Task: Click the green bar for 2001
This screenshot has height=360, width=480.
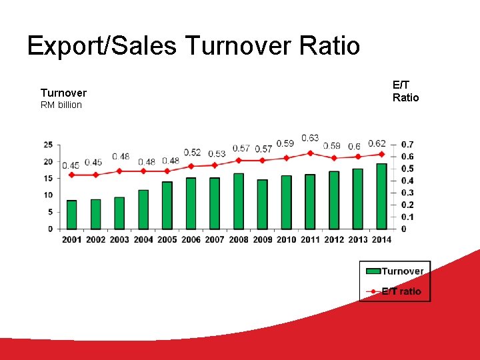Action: pyautogui.click(x=72, y=215)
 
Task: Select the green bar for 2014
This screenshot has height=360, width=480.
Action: pyautogui.click(x=381, y=196)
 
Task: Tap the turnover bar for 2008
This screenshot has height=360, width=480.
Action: pyautogui.click(x=239, y=201)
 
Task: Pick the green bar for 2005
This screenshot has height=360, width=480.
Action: pyautogui.click(x=167, y=205)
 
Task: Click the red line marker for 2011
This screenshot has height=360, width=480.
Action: pyautogui.click(x=310, y=153)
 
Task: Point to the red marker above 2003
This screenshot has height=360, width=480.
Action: pyautogui.click(x=119, y=171)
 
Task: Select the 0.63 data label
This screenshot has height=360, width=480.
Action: pyautogui.click(x=310, y=138)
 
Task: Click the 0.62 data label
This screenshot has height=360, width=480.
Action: pyautogui.click(x=377, y=143)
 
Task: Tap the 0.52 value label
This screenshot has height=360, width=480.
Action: pyautogui.click(x=192, y=153)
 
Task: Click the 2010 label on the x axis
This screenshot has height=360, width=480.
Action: pyautogui.click(x=286, y=239)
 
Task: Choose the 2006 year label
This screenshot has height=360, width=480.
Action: pyautogui.click(x=191, y=239)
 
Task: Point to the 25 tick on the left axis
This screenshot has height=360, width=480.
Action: pyautogui.click(x=48, y=145)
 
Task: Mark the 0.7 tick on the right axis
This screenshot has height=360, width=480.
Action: pyautogui.click(x=407, y=145)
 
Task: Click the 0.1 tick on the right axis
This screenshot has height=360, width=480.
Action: pyautogui.click(x=407, y=217)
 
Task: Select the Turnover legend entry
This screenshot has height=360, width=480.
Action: pyautogui.click(x=395, y=271)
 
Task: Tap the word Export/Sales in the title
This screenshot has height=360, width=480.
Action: pyautogui.click(x=102, y=46)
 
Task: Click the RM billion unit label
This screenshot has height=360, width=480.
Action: pyautogui.click(x=61, y=105)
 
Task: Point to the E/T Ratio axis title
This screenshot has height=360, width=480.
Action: pyautogui.click(x=405, y=91)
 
